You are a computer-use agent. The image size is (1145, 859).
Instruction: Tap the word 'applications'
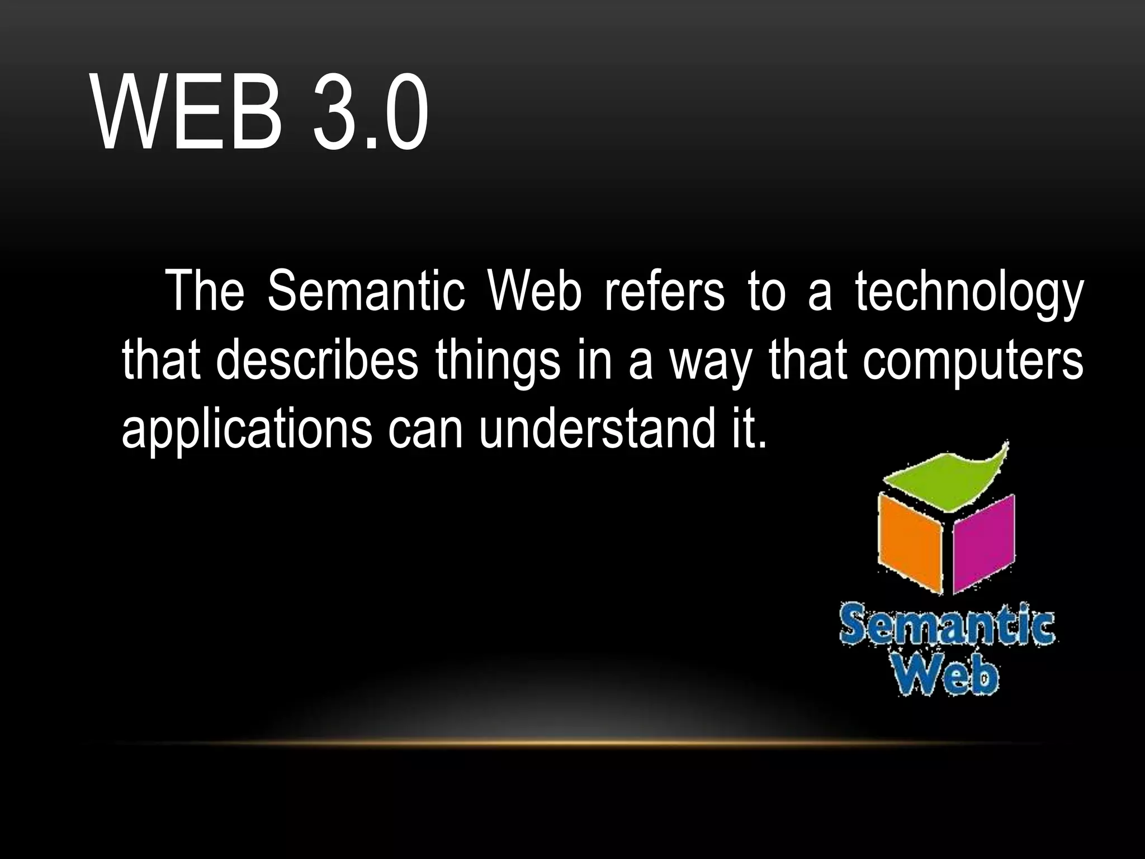(247, 431)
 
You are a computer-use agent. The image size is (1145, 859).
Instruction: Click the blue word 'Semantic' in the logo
(947, 628)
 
